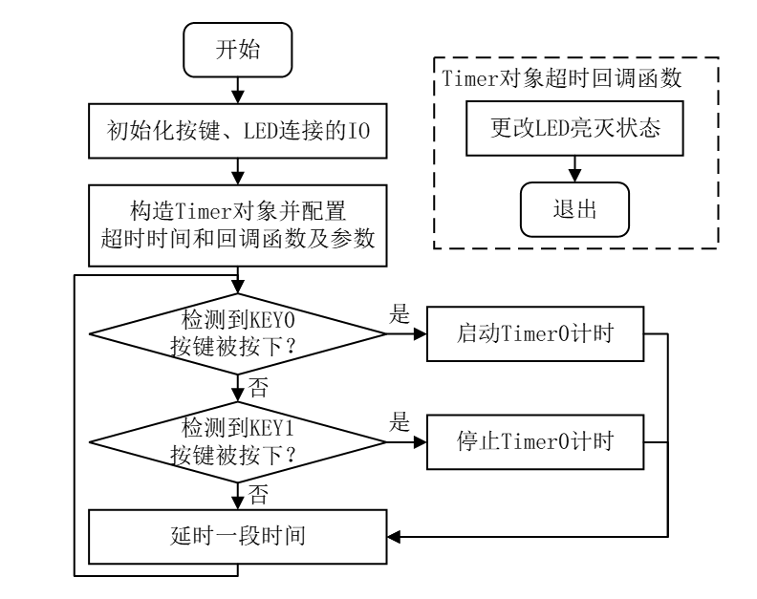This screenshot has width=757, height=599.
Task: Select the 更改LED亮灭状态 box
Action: (574, 129)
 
